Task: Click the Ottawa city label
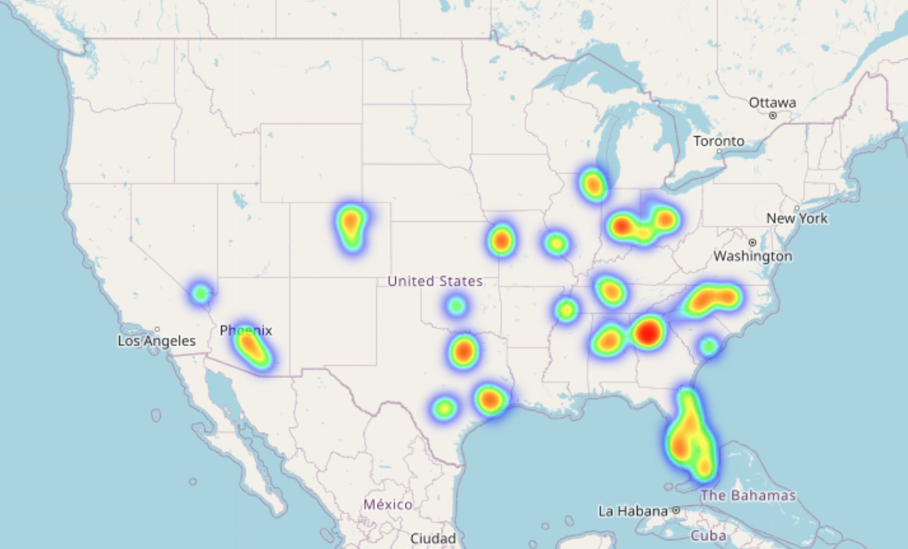pos(771,103)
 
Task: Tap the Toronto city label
pos(719,141)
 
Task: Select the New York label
pos(797,218)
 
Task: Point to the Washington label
pos(752,256)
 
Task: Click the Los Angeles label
pos(157,341)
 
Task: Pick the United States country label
pos(434,281)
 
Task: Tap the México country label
pos(388,504)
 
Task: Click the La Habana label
pos(633,510)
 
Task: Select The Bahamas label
pos(747,496)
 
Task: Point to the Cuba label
pos(708,535)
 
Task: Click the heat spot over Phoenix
pos(251,347)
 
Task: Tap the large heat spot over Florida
pos(689,438)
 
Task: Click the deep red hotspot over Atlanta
pos(648,332)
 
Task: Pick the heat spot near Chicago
pos(593,185)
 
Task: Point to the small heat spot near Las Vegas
pos(200,294)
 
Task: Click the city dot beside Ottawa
pos(772,115)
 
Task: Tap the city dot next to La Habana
pos(675,510)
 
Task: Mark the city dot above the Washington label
pos(752,242)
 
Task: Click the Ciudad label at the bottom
pos(433,539)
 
